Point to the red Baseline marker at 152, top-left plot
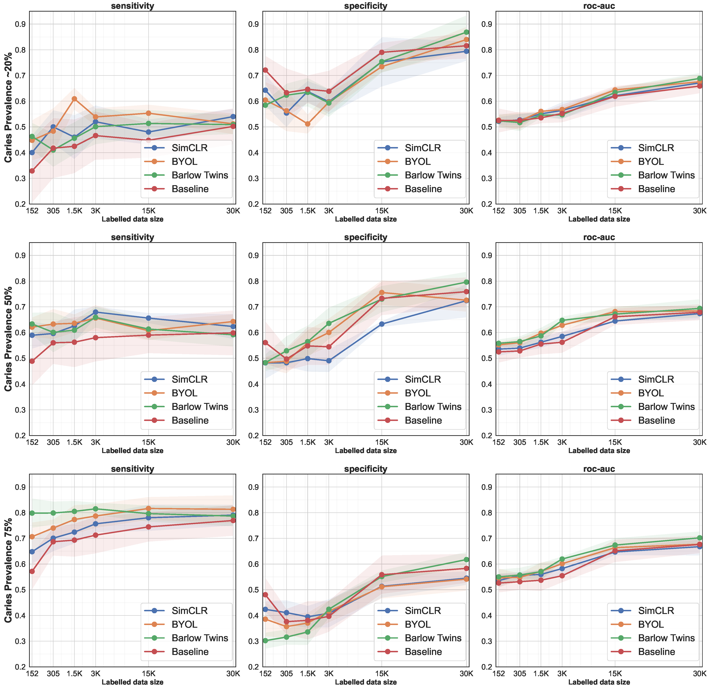point(32,171)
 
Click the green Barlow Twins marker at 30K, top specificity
point(466,32)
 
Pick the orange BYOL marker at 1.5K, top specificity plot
point(307,124)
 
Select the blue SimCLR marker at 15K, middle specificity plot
point(381,324)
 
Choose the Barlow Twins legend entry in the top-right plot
point(666,175)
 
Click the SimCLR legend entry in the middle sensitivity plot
point(189,379)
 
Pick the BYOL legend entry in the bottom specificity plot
point(417,624)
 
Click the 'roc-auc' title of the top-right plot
point(599,6)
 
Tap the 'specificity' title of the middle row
point(365,237)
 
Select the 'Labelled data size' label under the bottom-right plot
point(599,682)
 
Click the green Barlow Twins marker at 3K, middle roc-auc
point(562,320)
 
